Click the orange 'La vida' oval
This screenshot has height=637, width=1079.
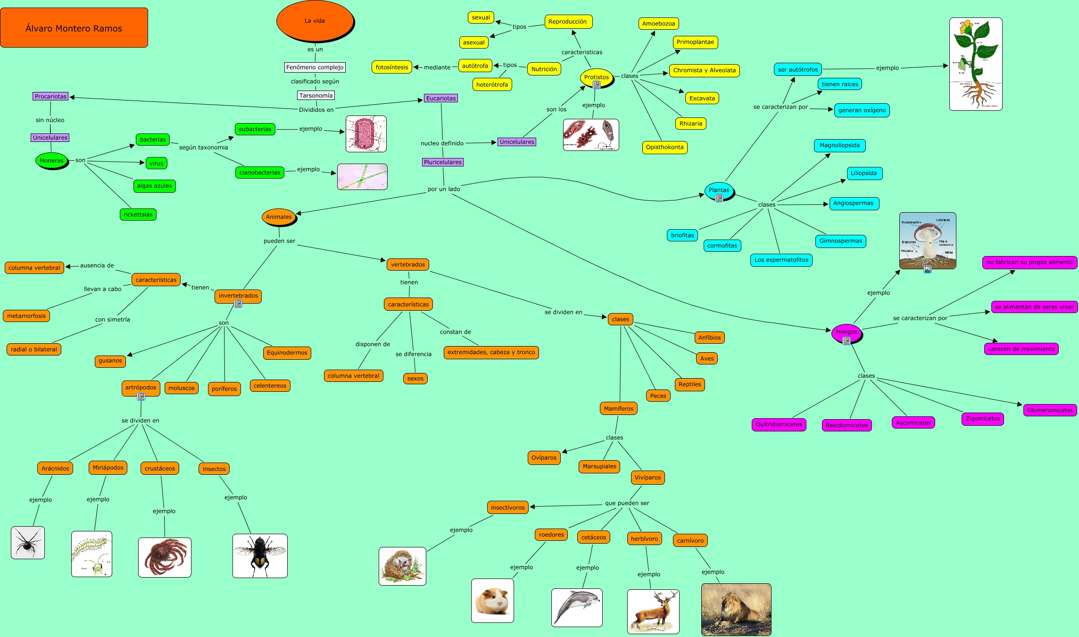coord(315,21)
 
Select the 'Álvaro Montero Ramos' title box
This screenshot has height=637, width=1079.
coord(74,28)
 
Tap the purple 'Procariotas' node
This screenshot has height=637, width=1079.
coord(50,97)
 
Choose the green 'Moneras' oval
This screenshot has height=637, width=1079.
coord(51,161)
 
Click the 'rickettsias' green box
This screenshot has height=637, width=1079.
coord(138,215)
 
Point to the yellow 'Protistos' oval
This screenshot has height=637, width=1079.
coord(596,77)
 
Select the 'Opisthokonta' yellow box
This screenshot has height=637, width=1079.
coord(664,147)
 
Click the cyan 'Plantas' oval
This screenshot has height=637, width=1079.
coord(719,190)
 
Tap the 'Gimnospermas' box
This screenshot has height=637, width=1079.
coord(840,241)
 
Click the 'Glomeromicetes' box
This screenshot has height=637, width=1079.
coord(1050,410)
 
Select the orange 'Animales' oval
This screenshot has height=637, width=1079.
coord(279,217)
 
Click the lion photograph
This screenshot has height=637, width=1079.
coord(736,609)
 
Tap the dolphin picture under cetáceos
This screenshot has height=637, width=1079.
coord(576,607)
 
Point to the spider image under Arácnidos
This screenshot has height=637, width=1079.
coord(28,543)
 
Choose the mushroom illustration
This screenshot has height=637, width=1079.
coord(927,240)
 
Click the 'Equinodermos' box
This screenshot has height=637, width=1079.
coord(287,353)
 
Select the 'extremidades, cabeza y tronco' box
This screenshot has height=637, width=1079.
coord(491,352)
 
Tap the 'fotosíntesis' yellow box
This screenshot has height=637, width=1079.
coord(391,67)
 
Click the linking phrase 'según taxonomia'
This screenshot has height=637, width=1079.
coord(203,148)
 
